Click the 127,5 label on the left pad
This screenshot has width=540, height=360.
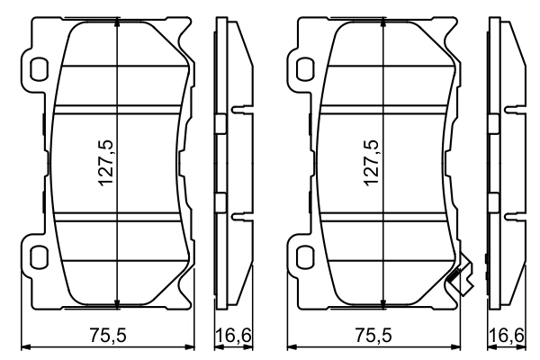point(105,163)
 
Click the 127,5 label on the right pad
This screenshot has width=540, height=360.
point(372,163)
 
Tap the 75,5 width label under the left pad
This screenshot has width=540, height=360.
point(108,335)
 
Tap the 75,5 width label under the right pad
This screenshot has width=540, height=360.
point(373,335)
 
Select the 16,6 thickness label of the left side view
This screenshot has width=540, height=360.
point(234,335)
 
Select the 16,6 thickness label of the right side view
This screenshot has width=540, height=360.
point(506,335)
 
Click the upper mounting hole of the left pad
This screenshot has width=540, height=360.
point(38,69)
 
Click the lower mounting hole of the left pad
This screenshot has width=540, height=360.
point(38,256)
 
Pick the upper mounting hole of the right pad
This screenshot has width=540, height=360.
point(305,69)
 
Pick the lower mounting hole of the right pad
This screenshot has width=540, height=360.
point(305,256)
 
